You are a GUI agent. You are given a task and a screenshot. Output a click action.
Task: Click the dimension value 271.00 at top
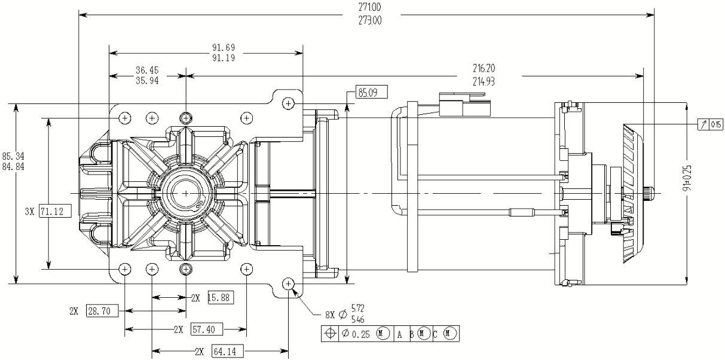coord(370,8)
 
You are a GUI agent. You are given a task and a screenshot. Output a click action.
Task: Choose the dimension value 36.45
coord(146,70)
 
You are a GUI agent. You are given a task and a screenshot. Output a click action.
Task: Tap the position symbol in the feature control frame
coord(330,334)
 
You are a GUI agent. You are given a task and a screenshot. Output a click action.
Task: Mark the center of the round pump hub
coord(186,193)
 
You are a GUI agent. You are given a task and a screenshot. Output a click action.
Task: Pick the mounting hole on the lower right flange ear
coord(289,283)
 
